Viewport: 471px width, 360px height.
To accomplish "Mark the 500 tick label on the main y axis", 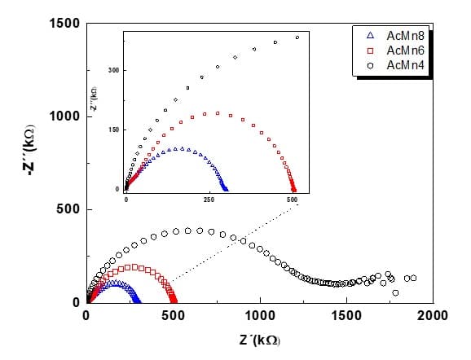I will pos(66,209).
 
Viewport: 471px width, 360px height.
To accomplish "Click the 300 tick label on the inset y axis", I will pos(115,71).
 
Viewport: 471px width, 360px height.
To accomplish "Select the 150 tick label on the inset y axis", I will pos(115,130).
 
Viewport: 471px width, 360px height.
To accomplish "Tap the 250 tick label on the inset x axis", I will pos(209,199).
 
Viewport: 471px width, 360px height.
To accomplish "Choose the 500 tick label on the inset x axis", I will pos(293,199).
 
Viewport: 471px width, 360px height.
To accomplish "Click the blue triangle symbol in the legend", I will pos(371,37).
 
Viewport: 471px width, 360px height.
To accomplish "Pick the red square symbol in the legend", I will pos(371,50).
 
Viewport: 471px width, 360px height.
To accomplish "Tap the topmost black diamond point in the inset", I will pos(297,37).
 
